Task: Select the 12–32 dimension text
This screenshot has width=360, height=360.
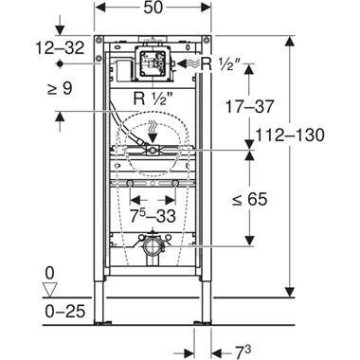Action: point(34,45)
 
